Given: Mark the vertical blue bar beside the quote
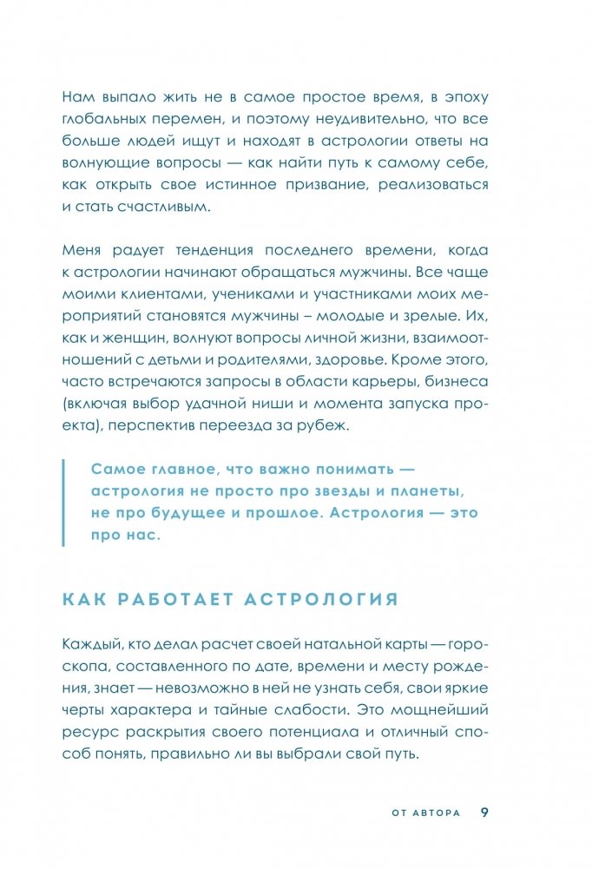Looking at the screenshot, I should tap(64, 503).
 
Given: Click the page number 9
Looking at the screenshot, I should tap(485, 812).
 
